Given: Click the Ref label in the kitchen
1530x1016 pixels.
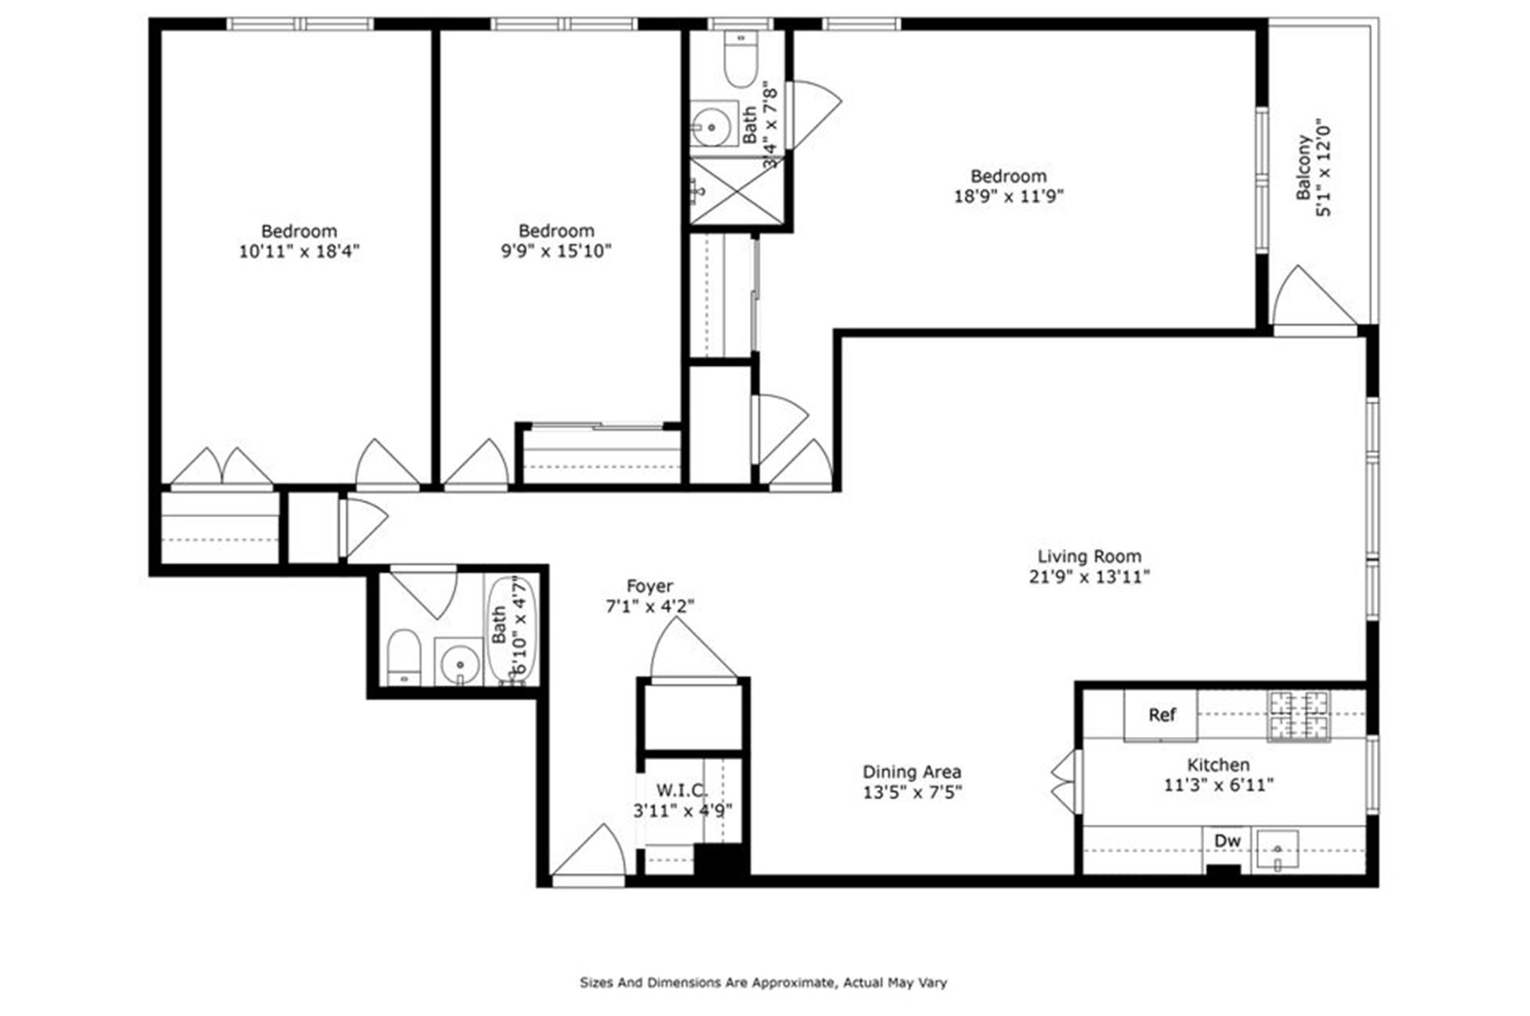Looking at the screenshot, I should point(1161,715).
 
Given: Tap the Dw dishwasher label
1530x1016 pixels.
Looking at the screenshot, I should point(1227,841).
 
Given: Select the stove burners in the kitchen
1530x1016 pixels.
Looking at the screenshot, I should point(1299,715).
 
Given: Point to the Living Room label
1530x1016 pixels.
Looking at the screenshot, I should point(1089,556).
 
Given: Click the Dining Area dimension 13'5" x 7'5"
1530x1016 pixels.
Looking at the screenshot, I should point(912,793).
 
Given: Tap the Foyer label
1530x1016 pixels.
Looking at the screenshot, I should point(649,586).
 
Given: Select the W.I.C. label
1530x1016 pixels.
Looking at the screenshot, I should point(682,790).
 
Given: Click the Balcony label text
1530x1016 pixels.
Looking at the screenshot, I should point(1304,167).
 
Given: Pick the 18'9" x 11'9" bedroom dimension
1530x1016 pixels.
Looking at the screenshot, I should point(1009,196).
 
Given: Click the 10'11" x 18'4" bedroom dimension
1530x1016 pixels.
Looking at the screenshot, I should point(300,252).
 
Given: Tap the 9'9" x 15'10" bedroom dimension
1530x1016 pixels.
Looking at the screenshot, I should point(556,252).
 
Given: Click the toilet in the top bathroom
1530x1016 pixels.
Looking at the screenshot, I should point(740,60).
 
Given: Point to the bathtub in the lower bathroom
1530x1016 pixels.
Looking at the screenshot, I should point(512,630).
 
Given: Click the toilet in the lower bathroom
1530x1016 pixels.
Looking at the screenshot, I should point(403,658).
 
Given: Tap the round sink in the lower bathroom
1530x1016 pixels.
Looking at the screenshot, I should point(460,662).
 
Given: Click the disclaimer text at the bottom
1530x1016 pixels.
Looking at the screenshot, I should point(763,983).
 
